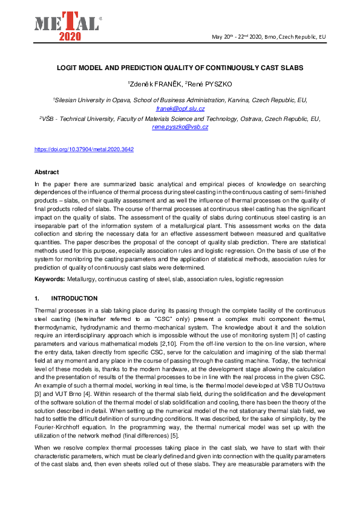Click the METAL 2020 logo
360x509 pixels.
[x=67, y=24]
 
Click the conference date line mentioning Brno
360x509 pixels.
[x=269, y=37]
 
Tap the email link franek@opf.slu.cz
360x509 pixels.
[x=180, y=109]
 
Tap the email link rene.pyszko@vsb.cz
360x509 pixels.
[x=180, y=127]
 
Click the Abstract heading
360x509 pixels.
[x=47, y=172]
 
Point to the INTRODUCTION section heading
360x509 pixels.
[x=74, y=298]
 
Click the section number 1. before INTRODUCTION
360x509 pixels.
[x=38, y=298]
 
